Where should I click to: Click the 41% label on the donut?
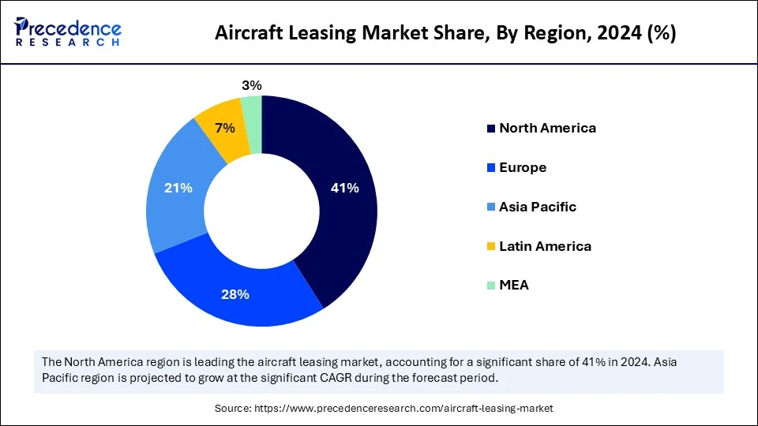pyautogui.click(x=344, y=189)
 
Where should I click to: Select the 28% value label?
pyautogui.click(x=235, y=294)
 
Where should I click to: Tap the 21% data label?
pyautogui.click(x=177, y=189)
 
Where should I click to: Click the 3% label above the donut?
pyautogui.click(x=252, y=85)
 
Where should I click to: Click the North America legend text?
pyautogui.click(x=547, y=128)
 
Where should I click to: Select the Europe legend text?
pyautogui.click(x=523, y=167)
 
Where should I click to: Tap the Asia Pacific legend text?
pyautogui.click(x=538, y=207)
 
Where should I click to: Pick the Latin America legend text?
pyautogui.click(x=545, y=246)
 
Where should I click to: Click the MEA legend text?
pyautogui.click(x=514, y=285)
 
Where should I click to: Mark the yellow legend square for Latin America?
pyautogui.click(x=491, y=247)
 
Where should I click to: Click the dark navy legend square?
pyautogui.click(x=491, y=129)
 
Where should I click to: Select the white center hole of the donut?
pyautogui.click(x=261, y=211)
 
